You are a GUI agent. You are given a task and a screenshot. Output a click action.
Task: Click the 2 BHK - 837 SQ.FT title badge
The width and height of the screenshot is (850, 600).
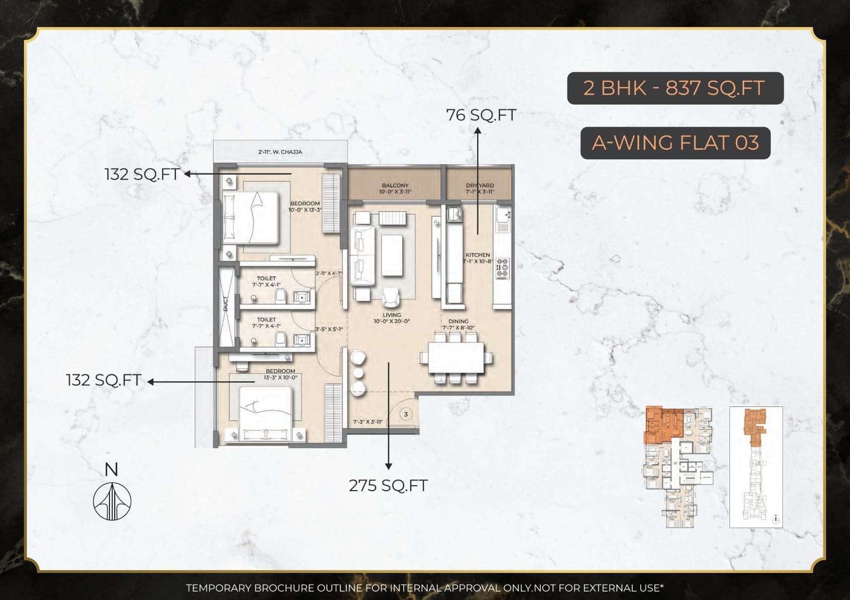(x=675, y=88)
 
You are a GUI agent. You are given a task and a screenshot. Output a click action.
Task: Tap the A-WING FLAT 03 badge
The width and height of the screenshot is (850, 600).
(x=675, y=143)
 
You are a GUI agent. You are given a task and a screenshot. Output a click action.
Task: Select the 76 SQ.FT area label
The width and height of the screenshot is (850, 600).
(x=481, y=115)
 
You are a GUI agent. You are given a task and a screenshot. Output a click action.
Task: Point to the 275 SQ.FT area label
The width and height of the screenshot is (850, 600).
(x=388, y=485)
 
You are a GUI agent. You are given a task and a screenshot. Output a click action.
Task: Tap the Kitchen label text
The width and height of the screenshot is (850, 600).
(x=478, y=255)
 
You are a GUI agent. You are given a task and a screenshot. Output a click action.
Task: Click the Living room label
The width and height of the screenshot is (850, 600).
(x=392, y=315)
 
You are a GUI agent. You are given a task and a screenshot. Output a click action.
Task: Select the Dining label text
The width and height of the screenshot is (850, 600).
(x=458, y=322)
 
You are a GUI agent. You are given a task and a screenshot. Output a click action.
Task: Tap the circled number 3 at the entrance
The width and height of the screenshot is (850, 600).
(x=406, y=414)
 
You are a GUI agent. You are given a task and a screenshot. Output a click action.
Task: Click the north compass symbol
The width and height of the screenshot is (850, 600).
(x=112, y=501)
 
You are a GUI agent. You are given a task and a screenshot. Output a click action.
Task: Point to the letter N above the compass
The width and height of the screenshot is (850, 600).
(x=111, y=470)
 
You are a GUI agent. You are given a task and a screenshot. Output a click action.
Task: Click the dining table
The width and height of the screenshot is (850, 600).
(x=456, y=357)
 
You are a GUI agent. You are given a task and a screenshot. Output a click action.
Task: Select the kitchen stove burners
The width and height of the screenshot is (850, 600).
(x=502, y=268)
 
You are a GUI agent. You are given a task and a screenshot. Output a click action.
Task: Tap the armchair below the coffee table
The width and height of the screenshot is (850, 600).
(x=390, y=297)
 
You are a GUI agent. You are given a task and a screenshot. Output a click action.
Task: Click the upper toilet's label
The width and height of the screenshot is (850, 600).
(x=266, y=278)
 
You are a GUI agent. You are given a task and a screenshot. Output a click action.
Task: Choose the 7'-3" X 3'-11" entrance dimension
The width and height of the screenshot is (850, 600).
(x=368, y=422)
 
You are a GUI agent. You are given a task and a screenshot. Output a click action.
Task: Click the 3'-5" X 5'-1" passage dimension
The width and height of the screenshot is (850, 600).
(x=329, y=329)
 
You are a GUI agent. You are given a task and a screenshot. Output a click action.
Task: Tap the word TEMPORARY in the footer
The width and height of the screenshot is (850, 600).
(x=218, y=588)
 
